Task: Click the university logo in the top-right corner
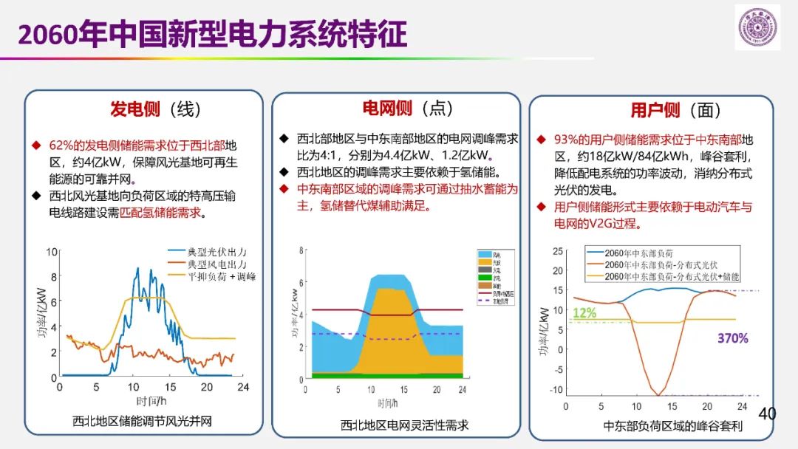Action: tap(757, 27)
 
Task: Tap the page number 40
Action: tap(768, 414)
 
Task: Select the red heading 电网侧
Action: tap(386, 108)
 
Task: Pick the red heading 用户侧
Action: tap(655, 110)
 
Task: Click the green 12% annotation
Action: tap(584, 312)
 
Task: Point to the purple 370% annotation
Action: tap(732, 338)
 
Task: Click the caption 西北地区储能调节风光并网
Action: tap(142, 422)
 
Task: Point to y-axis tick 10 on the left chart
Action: tap(51, 252)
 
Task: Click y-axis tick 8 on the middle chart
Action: tap(301, 250)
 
